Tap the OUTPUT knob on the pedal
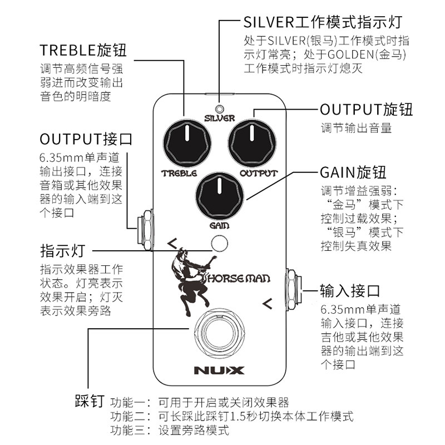[x=253, y=142]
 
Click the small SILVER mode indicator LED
[x=220, y=108]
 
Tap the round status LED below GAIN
[x=220, y=244]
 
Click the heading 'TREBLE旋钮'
[x=83, y=50]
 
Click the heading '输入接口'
[x=349, y=290]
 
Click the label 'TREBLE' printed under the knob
[x=179, y=174]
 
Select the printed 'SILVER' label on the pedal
[x=220, y=118]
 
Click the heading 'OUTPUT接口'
[x=86, y=139]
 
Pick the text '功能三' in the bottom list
[x=129, y=431]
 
